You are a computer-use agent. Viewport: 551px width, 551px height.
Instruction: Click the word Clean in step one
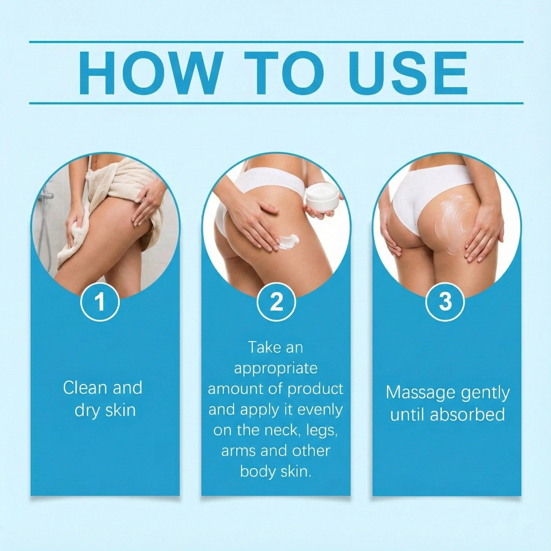[x=81, y=388]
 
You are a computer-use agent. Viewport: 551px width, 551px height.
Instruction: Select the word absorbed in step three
[x=467, y=415]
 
